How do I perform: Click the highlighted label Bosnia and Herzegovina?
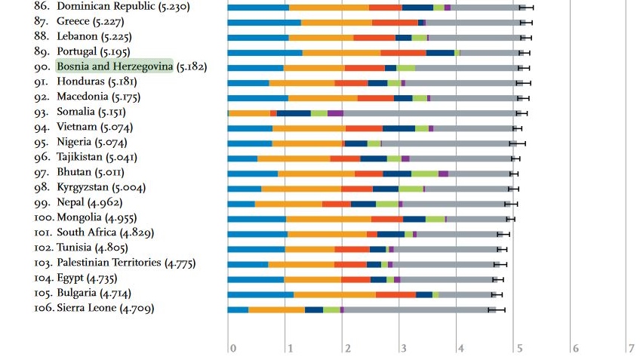click(115, 66)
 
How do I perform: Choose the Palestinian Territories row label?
click(109, 263)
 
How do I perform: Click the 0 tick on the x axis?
click(233, 348)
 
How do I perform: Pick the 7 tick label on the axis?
click(631, 348)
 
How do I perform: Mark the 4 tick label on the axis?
click(460, 348)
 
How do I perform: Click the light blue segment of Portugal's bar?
click(265, 53)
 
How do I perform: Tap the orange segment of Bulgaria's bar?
click(334, 294)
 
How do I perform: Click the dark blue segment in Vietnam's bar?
click(398, 128)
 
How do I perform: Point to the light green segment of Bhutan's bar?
click(424, 174)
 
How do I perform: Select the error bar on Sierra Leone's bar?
click(496, 309)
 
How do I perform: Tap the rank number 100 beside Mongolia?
click(45, 217)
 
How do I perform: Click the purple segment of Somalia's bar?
click(335, 113)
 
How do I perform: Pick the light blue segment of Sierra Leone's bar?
click(238, 309)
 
